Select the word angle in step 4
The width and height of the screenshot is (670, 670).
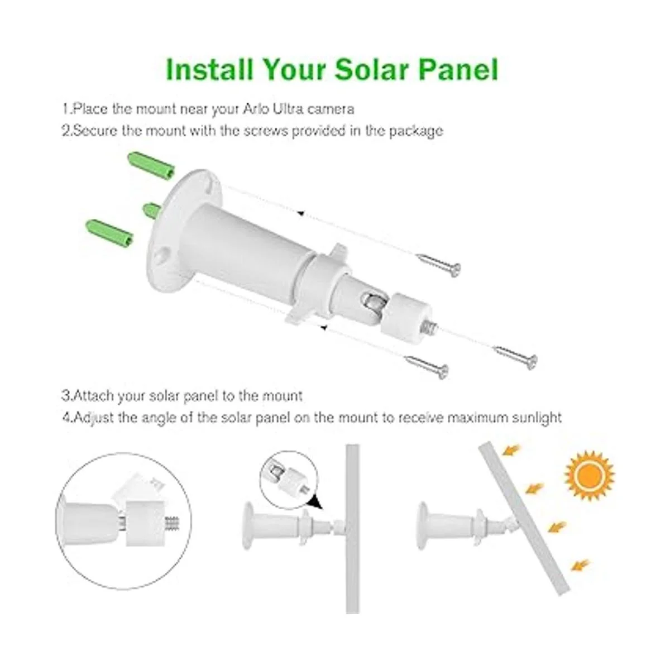[161, 417]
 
